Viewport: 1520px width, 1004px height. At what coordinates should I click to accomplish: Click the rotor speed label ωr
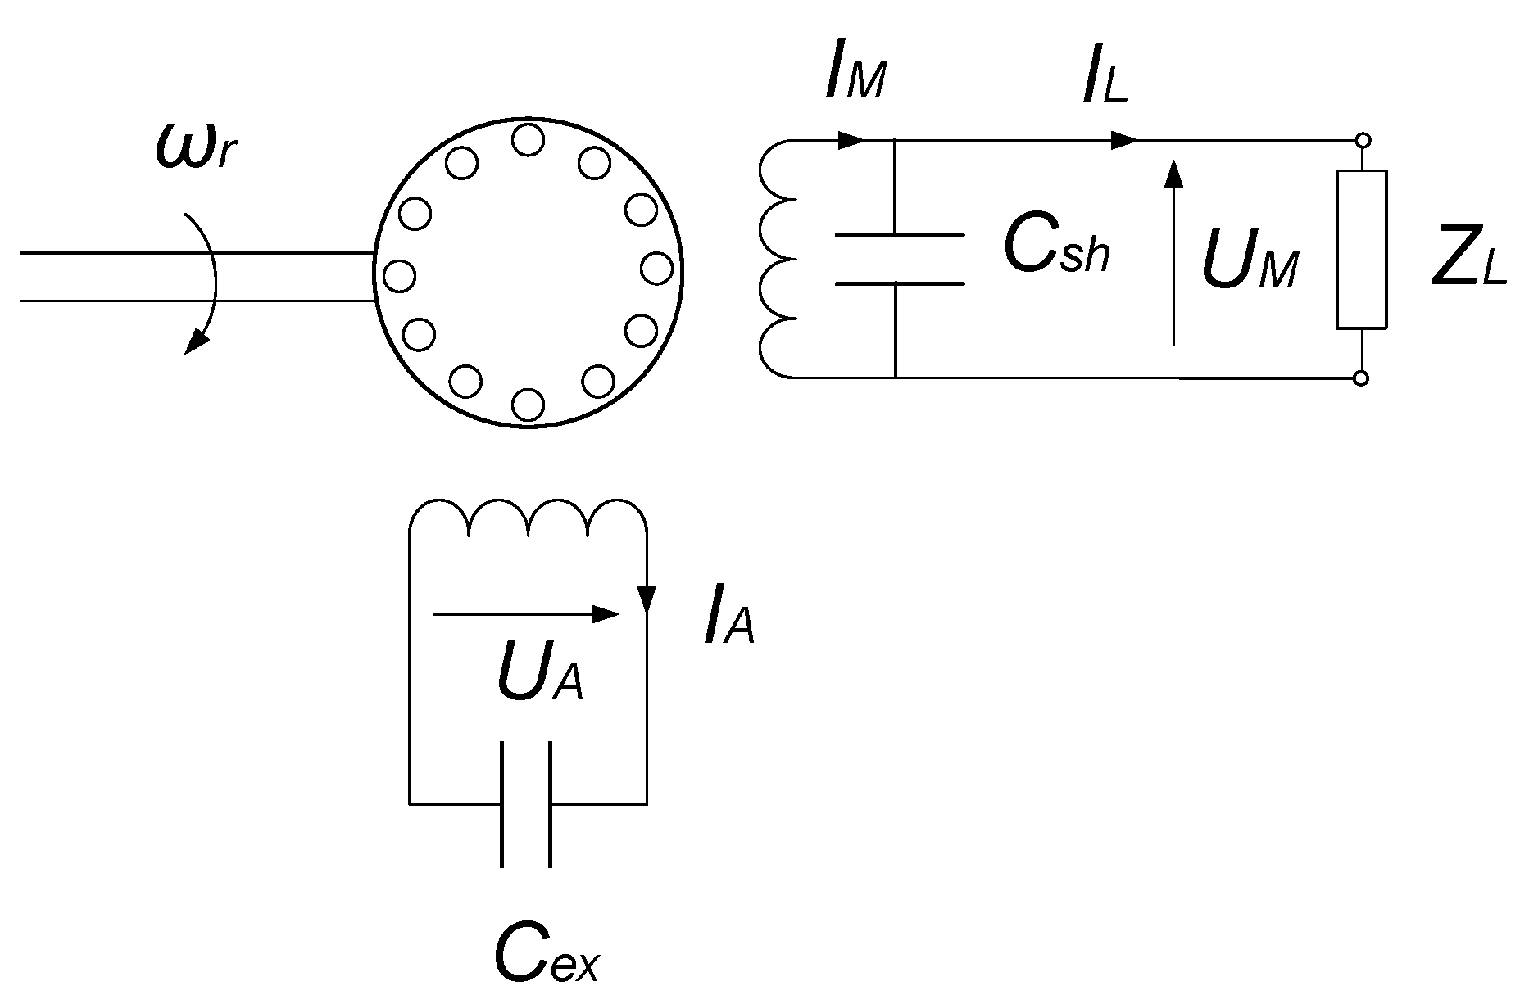[x=197, y=148]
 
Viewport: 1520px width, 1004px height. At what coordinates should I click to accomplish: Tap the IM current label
[x=855, y=79]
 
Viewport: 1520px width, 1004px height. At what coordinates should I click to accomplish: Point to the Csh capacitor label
[x=1057, y=246]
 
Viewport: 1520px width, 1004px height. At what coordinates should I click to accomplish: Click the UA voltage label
[x=539, y=676]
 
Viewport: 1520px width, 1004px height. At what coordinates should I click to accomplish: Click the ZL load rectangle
[x=1362, y=249]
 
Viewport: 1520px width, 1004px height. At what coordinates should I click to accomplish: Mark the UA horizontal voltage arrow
[x=525, y=613]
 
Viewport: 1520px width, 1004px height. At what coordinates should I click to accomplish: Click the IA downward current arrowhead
[x=647, y=599]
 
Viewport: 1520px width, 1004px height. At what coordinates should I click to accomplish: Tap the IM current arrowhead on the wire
[x=852, y=140]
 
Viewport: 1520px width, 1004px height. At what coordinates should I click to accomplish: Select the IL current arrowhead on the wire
[x=1124, y=140]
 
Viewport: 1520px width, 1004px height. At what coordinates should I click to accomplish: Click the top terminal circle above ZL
[x=1362, y=141]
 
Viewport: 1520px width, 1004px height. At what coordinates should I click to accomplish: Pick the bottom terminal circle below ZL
[x=1362, y=378]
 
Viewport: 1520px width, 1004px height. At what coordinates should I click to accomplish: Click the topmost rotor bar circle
[x=528, y=140]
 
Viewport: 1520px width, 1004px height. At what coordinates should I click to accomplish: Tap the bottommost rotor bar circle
[x=528, y=405]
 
